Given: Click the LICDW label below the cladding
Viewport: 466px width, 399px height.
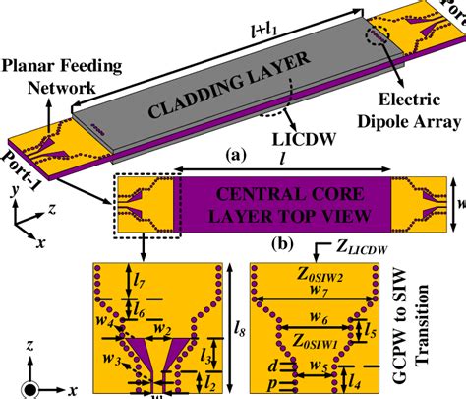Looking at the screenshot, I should coord(284,141).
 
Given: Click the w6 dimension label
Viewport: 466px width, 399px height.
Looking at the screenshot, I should coord(320,319).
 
